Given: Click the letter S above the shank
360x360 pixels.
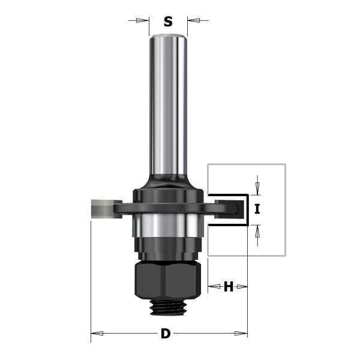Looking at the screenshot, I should (x=168, y=22).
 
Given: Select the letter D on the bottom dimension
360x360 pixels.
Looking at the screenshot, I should (x=166, y=334).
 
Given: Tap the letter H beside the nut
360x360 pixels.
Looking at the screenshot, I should (x=228, y=287).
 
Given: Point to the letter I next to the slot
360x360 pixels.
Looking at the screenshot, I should (x=257, y=209).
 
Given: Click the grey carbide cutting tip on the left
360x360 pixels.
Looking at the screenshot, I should (x=98, y=208).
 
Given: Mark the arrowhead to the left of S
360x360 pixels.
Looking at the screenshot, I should (x=145, y=20).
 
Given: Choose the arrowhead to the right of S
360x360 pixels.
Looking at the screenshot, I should (x=191, y=20).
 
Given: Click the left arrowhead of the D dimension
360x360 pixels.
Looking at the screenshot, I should (x=94, y=334).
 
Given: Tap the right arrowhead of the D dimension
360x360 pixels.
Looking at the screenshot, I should (x=244, y=334).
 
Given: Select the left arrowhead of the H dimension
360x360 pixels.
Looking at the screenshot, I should (x=212, y=287).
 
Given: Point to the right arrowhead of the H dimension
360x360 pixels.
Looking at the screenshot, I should (x=244, y=287).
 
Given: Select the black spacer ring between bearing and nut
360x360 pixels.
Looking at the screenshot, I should (x=166, y=247).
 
